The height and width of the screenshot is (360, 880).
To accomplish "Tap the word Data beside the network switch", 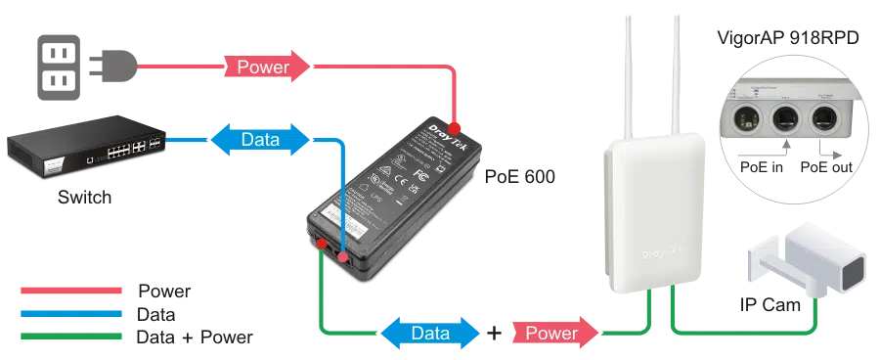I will point(260,140).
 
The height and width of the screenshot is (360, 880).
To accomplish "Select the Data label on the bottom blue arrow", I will point(430,333).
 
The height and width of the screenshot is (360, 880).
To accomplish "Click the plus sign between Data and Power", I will point(496,333).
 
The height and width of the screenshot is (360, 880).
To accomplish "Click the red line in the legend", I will point(70,290).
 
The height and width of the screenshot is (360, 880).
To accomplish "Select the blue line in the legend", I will point(70,313).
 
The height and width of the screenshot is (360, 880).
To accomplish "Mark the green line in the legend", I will point(70,336).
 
